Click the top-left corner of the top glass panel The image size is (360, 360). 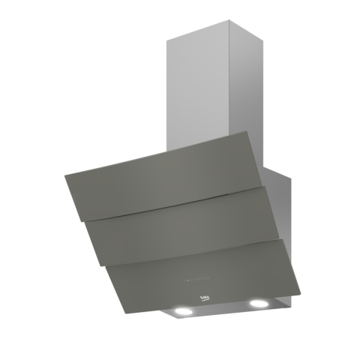pyautogui.click(x=67, y=175)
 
